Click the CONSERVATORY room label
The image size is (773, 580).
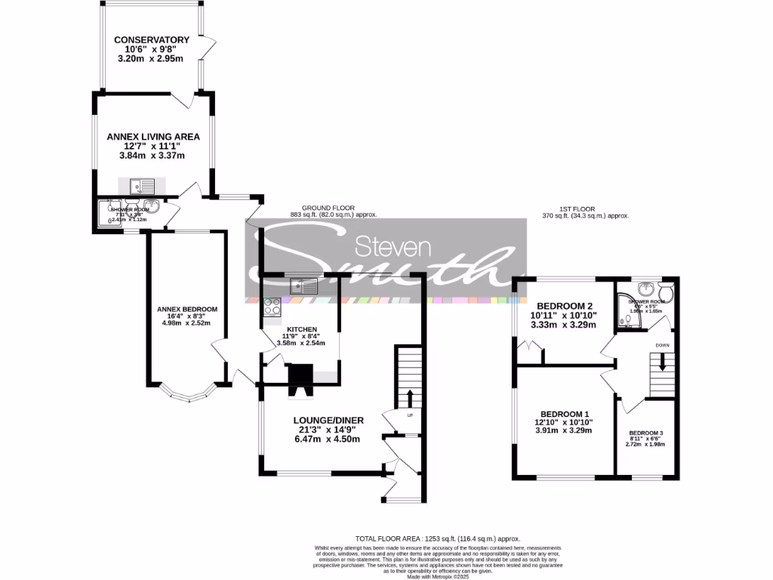tap(151, 40)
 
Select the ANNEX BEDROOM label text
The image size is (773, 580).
tap(186, 309)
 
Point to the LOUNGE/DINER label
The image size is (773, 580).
tap(328, 421)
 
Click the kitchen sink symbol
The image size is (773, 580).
tap(305, 285)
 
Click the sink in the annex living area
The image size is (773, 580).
tap(141, 185)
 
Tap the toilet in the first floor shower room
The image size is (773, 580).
tap(665, 291)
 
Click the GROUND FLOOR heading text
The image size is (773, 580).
tap(328, 208)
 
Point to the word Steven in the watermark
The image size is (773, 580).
tap(392, 248)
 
